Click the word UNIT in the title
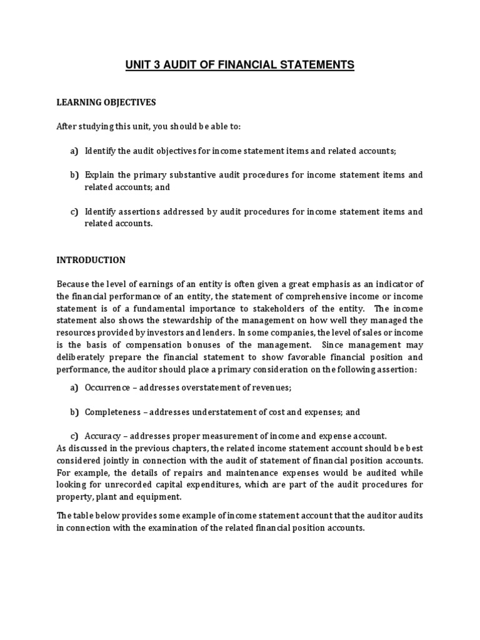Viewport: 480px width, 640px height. (138, 65)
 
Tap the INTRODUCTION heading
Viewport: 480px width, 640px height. (91, 260)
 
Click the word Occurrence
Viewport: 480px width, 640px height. (107, 388)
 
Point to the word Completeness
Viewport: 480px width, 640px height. (111, 412)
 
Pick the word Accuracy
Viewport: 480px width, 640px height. (104, 436)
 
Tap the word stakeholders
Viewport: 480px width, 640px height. (293, 309)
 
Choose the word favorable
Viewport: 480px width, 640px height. (296, 357)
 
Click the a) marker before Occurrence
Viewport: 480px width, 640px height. (74, 388)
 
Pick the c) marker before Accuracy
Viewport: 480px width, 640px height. (74, 436)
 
